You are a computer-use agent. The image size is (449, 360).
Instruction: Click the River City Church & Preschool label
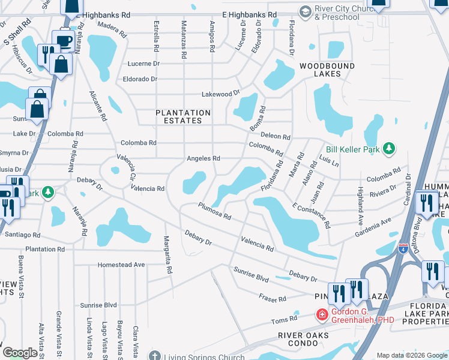[337, 13]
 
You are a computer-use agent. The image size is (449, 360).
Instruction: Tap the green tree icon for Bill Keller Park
[389, 148]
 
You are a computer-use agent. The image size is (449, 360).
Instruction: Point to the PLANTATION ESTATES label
[183, 116]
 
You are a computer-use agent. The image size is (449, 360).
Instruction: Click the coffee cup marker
[63, 41]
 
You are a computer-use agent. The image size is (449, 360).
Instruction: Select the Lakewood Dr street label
[220, 93]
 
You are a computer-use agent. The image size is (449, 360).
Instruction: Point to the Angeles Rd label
[203, 158]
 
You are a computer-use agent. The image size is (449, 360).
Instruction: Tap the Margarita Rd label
[167, 254]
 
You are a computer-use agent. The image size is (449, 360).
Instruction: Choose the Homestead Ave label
[122, 265]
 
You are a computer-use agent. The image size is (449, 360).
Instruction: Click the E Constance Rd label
[312, 215]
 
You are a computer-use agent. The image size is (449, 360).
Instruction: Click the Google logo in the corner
[20, 353]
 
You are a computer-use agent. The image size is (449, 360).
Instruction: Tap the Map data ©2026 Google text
[412, 355]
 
